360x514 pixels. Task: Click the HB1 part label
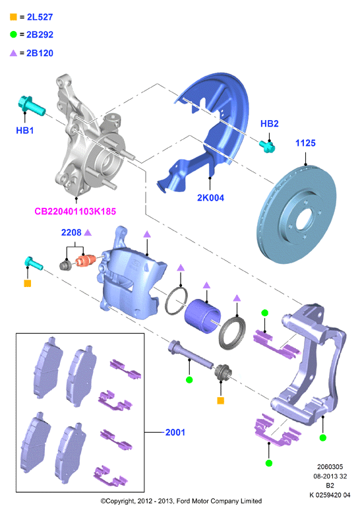25,131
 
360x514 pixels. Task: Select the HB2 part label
269,123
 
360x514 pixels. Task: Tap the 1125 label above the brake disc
305,143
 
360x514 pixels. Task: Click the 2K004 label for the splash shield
210,198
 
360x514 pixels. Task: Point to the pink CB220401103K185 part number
75,211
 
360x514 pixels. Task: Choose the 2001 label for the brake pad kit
175,432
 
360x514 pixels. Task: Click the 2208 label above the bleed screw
71,232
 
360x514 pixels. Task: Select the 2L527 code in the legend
40,17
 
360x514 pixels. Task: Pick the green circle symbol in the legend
13,34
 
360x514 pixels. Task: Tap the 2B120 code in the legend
40,53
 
